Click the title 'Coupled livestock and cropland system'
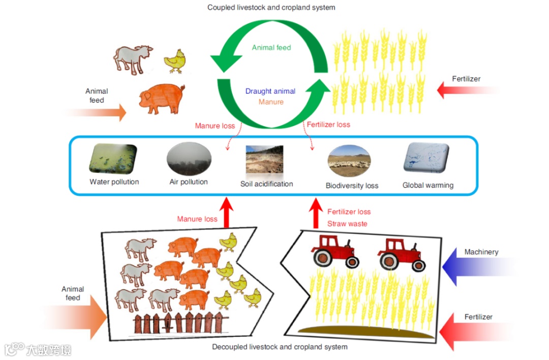coord(271,8)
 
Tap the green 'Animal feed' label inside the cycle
coord(271,47)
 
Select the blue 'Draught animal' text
coord(270,91)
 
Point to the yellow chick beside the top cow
coord(175,61)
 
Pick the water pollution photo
coord(114,159)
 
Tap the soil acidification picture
coord(264,160)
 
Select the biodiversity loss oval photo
coord(349,161)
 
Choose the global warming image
coord(426,158)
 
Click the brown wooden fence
coord(181,323)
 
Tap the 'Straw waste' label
coord(347,223)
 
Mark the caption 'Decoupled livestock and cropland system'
coord(280,347)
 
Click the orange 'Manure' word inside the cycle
coord(271,102)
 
